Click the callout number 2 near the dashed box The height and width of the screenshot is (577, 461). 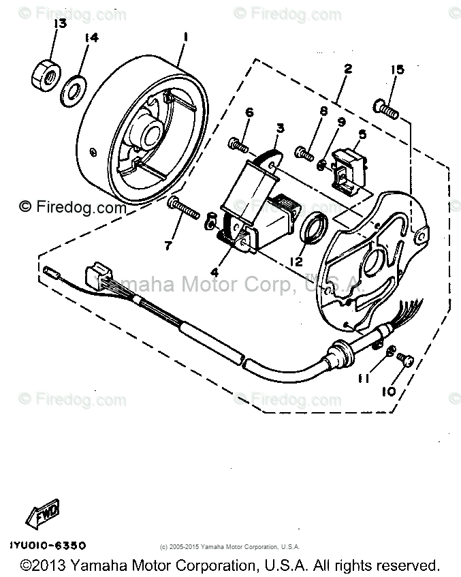(348, 69)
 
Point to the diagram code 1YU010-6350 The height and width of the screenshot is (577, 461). (48, 546)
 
